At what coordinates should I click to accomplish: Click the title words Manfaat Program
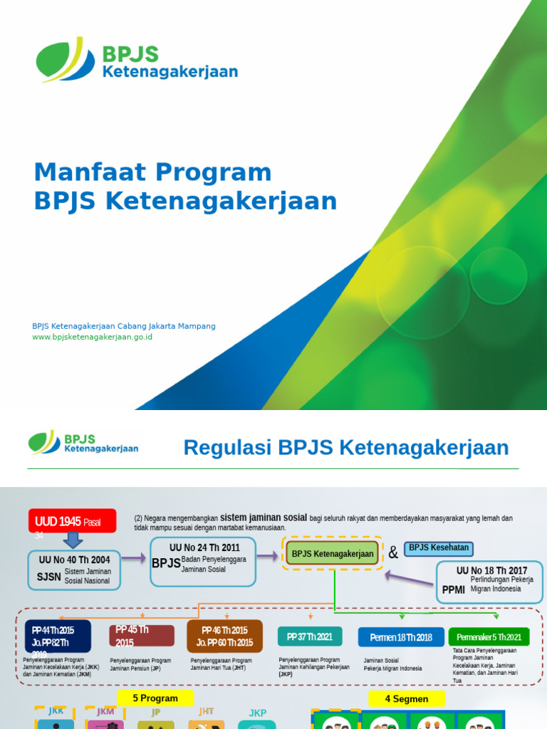pos(153,172)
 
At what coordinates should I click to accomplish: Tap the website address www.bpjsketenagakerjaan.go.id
pos(93,337)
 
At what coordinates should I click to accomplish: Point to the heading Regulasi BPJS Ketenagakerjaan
pos(346,448)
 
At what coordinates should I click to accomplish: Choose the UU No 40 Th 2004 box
pos(74,570)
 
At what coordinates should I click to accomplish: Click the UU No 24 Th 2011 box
pos(203,562)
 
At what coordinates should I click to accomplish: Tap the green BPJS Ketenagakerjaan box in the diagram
pos(333,554)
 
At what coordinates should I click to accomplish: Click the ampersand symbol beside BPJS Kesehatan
pos(393,553)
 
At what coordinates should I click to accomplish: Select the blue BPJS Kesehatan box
pos(439,548)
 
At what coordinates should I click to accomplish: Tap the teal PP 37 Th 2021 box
pos(310,636)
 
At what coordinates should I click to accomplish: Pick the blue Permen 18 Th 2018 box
pos(400,637)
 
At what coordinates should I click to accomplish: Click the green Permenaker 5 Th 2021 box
pos(489,637)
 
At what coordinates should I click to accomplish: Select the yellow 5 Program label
pos(156,698)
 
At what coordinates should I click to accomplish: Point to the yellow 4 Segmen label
pos(407,699)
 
